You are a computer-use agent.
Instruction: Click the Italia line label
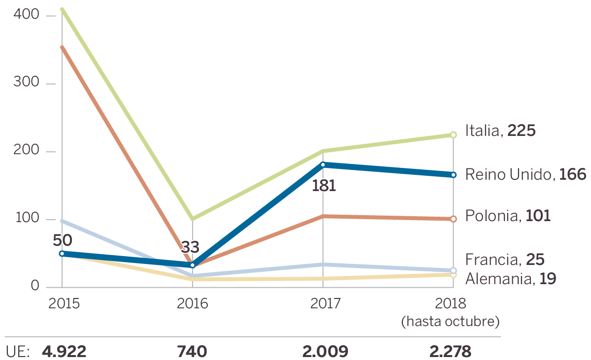pos(500,131)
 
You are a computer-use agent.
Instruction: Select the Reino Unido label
pos(525,174)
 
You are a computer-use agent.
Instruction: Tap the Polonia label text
pos(508,216)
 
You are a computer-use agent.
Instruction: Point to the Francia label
pos(505,260)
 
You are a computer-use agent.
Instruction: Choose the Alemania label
pos(511,279)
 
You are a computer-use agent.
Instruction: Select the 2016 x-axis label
pos(193,303)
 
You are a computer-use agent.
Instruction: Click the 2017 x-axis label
pos(325,303)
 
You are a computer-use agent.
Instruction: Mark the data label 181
pos(324,186)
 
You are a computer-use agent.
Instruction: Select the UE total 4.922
pos(65,352)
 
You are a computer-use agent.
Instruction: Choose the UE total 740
pos(192,352)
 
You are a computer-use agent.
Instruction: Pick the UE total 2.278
pos(450,352)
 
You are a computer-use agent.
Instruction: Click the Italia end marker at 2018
pos(454,135)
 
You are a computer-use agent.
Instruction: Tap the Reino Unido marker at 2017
pos(323,164)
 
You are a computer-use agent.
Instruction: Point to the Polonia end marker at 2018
pos(454,219)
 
